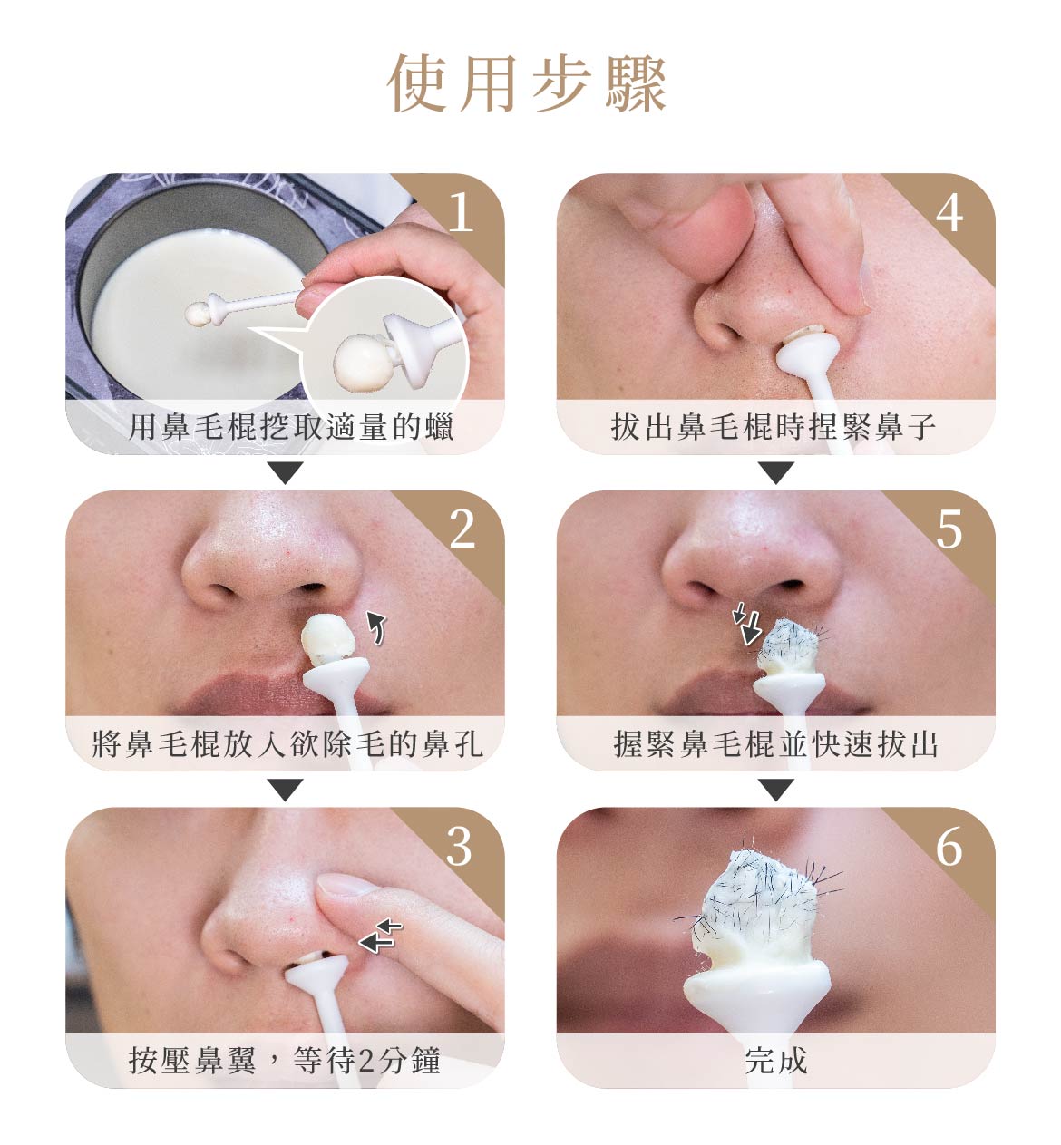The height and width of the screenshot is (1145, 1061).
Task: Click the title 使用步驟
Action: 527,83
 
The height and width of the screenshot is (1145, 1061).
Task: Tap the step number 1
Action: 461,213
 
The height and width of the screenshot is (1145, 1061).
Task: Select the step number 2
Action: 462,529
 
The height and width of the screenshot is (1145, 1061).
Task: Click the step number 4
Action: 949,213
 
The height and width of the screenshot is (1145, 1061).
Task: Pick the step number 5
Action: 949,529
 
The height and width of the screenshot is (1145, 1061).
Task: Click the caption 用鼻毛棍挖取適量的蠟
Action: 291,428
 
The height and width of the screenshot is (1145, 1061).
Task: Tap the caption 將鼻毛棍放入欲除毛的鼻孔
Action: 287,744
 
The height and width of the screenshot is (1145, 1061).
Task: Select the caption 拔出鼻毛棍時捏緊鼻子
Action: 774,428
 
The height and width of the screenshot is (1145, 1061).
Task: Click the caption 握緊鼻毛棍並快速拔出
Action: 775,744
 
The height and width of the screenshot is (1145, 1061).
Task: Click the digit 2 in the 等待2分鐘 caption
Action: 365,1061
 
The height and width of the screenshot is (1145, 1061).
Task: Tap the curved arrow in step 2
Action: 376,628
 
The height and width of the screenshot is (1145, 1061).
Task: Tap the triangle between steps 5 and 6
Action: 776,790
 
